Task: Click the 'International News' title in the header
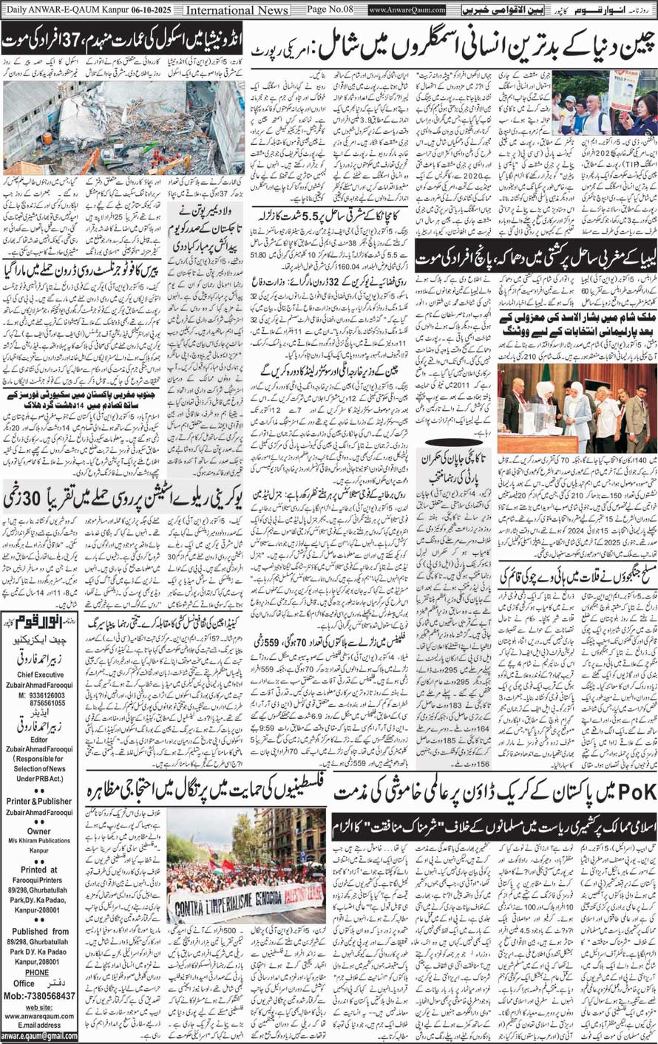[x=237, y=10]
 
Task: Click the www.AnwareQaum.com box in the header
[x=407, y=10]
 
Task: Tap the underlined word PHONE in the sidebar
[x=36, y=993]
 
